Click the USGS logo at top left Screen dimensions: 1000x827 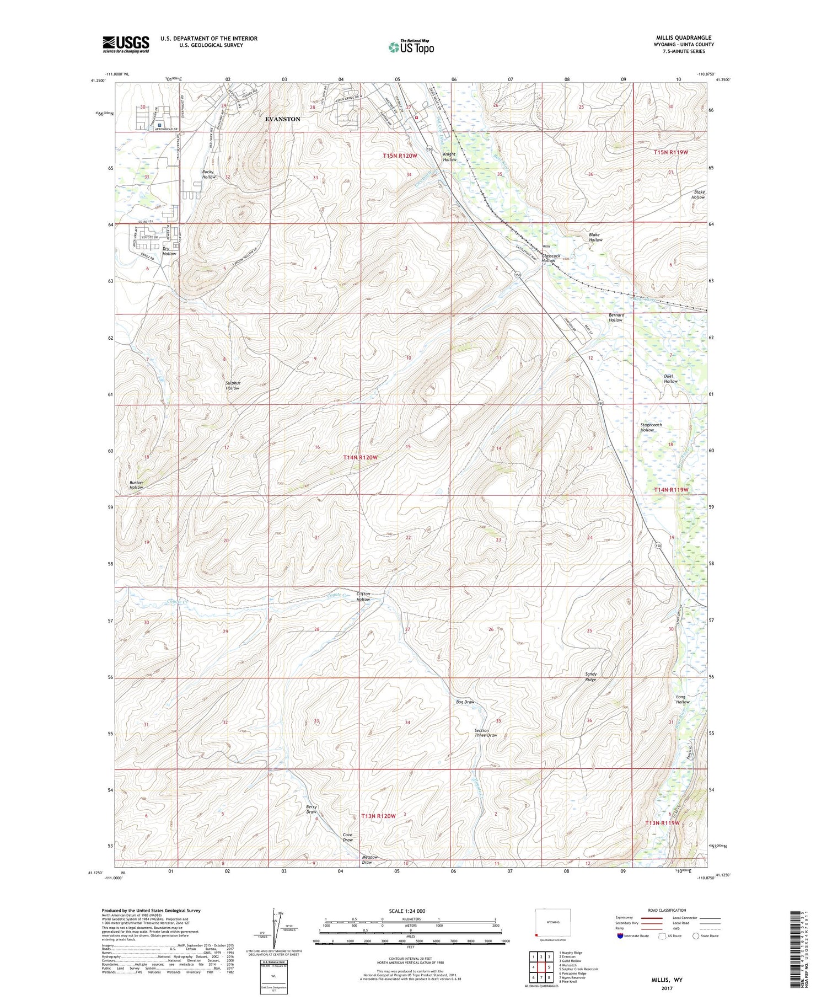point(126,44)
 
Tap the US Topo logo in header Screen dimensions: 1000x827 point(411,47)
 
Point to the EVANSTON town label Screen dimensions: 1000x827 point(283,119)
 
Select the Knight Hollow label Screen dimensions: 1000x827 point(449,157)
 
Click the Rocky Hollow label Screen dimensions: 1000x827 point(208,174)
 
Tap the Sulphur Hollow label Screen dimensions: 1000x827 point(232,386)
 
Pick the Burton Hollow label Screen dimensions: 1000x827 point(136,485)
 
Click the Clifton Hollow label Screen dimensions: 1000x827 point(363,597)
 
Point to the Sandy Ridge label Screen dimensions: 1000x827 point(590,677)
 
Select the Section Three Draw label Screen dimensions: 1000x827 point(486,732)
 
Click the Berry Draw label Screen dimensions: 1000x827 point(312,809)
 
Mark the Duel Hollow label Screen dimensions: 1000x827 point(670,378)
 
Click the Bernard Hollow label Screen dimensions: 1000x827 point(615,318)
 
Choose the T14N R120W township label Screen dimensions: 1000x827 point(361,458)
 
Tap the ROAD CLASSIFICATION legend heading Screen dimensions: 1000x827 point(667,910)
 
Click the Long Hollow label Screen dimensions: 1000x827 point(683,699)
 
